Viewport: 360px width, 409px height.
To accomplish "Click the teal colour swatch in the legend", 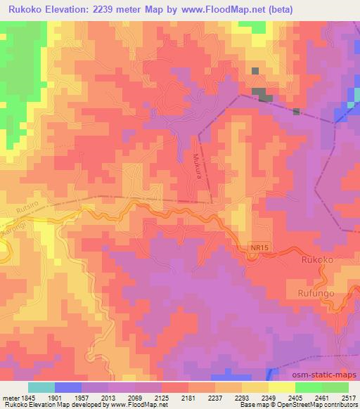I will (41, 387).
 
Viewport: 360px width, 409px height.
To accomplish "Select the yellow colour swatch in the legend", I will (281, 387).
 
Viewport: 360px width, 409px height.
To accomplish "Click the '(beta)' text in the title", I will (276, 9).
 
